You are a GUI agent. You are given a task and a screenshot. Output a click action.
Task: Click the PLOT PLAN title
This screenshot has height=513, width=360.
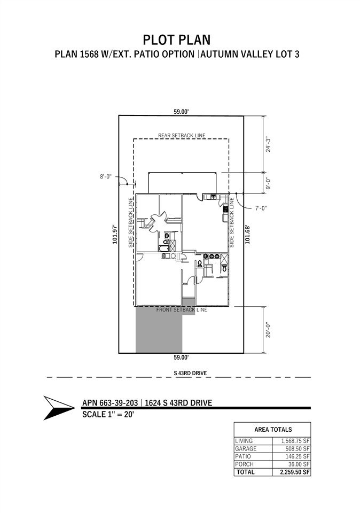[x=177, y=40]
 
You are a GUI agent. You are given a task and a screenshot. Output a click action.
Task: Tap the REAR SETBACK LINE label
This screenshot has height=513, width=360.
[x=182, y=135]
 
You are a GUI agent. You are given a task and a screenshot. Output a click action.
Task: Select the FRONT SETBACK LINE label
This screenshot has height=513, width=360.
[x=182, y=309]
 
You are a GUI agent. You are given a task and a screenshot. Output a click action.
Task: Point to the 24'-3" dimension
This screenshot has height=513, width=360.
[x=268, y=144]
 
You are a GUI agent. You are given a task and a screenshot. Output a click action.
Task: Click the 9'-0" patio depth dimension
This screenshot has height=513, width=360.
[x=268, y=183]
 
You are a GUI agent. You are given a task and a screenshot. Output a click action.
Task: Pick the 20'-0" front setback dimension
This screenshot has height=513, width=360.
[x=268, y=330]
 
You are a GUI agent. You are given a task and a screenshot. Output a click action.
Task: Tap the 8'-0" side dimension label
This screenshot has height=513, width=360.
[x=106, y=177]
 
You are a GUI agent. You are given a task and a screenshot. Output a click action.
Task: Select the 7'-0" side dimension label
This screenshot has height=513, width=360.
[x=261, y=208]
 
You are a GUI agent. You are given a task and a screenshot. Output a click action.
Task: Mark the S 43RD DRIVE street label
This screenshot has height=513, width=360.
[x=190, y=373]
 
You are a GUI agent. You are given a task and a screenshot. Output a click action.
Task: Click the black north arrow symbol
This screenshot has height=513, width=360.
[x=59, y=408]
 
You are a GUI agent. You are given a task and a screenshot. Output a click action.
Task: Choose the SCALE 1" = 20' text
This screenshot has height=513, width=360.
[x=108, y=414]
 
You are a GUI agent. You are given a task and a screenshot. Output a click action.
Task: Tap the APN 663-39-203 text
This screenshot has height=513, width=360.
[x=110, y=403]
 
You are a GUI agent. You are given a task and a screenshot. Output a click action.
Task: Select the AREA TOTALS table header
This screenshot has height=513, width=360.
[x=273, y=430]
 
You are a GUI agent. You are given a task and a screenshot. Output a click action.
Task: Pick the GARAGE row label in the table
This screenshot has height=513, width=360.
[x=246, y=448]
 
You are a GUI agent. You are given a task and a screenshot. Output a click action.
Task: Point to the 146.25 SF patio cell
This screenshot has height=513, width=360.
[x=297, y=456]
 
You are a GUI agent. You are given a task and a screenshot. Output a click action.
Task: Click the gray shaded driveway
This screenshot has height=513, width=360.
[x=159, y=330]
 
